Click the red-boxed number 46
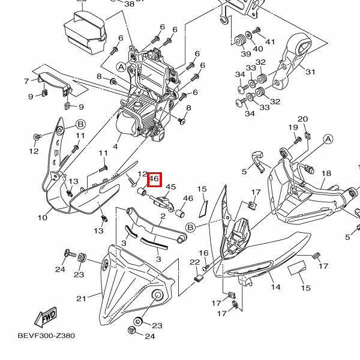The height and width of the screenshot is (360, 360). click(154, 178)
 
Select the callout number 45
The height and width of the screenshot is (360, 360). click(170, 187)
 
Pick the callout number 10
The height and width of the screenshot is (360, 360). click(42, 217)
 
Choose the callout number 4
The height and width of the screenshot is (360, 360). click(116, 146)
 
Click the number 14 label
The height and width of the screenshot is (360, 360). click(275, 287)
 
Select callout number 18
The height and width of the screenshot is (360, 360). click(326, 174)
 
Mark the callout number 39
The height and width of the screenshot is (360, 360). click(246, 54)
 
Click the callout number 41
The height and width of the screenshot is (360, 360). click(270, 42)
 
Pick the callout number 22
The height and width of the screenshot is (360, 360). click(194, 263)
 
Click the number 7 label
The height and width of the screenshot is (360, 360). click(26, 80)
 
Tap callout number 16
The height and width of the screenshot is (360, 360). click(203, 253)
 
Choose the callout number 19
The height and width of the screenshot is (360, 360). click(293, 127)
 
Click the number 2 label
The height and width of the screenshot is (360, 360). click(163, 216)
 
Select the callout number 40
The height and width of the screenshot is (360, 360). click(258, 49)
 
